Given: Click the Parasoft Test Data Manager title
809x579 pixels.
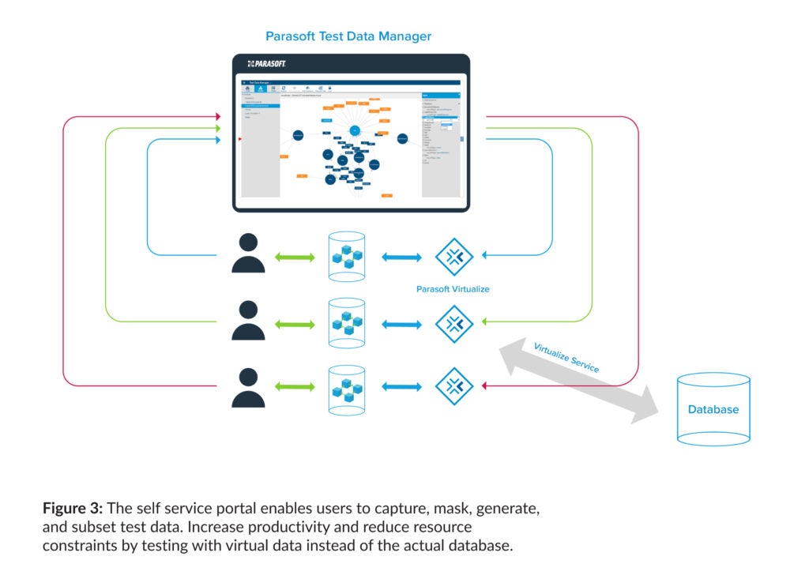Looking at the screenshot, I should (x=348, y=36).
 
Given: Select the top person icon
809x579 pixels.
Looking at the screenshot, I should (x=248, y=254).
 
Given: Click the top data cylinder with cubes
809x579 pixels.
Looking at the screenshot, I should (x=346, y=256).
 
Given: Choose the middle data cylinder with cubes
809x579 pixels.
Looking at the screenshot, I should (x=346, y=322).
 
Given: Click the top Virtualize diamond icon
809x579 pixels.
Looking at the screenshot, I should (x=454, y=257).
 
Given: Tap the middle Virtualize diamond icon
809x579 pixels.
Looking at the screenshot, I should (x=454, y=323).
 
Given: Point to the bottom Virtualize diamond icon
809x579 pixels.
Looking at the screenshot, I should (x=454, y=386).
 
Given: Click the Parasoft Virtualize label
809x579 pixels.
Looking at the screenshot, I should (x=453, y=289).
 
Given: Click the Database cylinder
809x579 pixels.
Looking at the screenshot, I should (x=713, y=409).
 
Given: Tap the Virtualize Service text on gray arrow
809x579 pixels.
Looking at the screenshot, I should (x=566, y=358).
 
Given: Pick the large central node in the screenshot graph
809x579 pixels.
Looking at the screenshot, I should (x=355, y=130).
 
